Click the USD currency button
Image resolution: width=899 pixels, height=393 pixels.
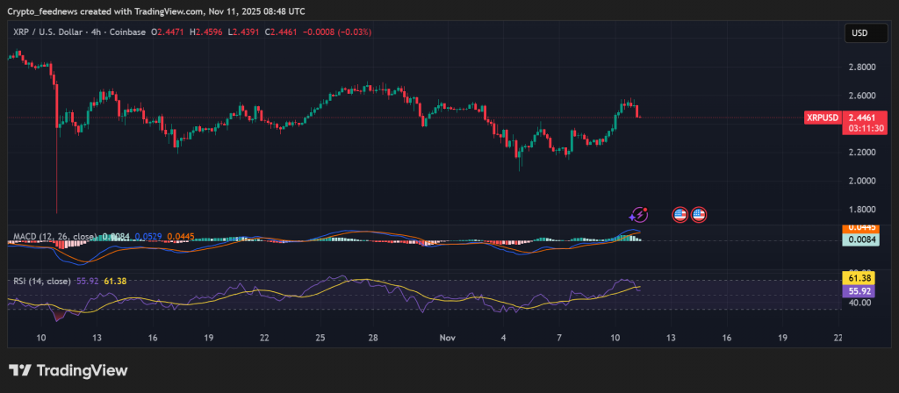coord(859,33)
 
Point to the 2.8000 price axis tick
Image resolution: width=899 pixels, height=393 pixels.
coord(861,67)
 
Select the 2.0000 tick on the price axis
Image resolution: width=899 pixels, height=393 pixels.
coord(861,181)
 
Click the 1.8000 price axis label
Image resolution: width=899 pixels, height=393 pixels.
coord(861,210)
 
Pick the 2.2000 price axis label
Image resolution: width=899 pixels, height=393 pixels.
coord(861,153)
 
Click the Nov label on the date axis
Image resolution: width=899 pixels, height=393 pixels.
coord(448,338)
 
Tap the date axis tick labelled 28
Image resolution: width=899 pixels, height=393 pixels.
coord(373,338)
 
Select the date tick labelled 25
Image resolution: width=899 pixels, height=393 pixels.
coord(320,338)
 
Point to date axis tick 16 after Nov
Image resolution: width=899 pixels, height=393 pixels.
coord(727,338)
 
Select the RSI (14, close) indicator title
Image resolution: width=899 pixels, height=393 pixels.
coord(42,281)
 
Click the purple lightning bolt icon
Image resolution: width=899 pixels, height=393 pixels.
coord(639,213)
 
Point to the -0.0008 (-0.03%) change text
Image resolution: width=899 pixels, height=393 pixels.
coord(338,32)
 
